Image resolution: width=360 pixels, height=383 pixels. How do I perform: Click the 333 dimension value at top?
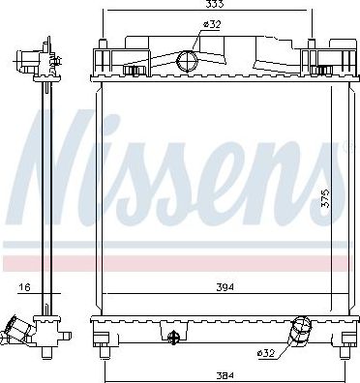(x=214, y=4)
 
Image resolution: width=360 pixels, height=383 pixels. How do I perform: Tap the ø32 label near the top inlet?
(x=211, y=24)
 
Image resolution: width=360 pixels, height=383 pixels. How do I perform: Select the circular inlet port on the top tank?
(x=187, y=60)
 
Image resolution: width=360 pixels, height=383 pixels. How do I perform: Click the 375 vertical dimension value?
(x=325, y=198)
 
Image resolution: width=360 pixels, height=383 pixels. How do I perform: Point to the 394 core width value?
(x=225, y=287)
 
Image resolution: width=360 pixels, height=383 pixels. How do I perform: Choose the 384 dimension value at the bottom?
(x=225, y=375)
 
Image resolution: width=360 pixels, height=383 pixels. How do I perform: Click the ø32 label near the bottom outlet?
(x=266, y=353)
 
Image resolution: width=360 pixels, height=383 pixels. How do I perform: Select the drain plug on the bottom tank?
(x=173, y=337)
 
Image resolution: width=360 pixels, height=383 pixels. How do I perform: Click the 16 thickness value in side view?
(x=25, y=287)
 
